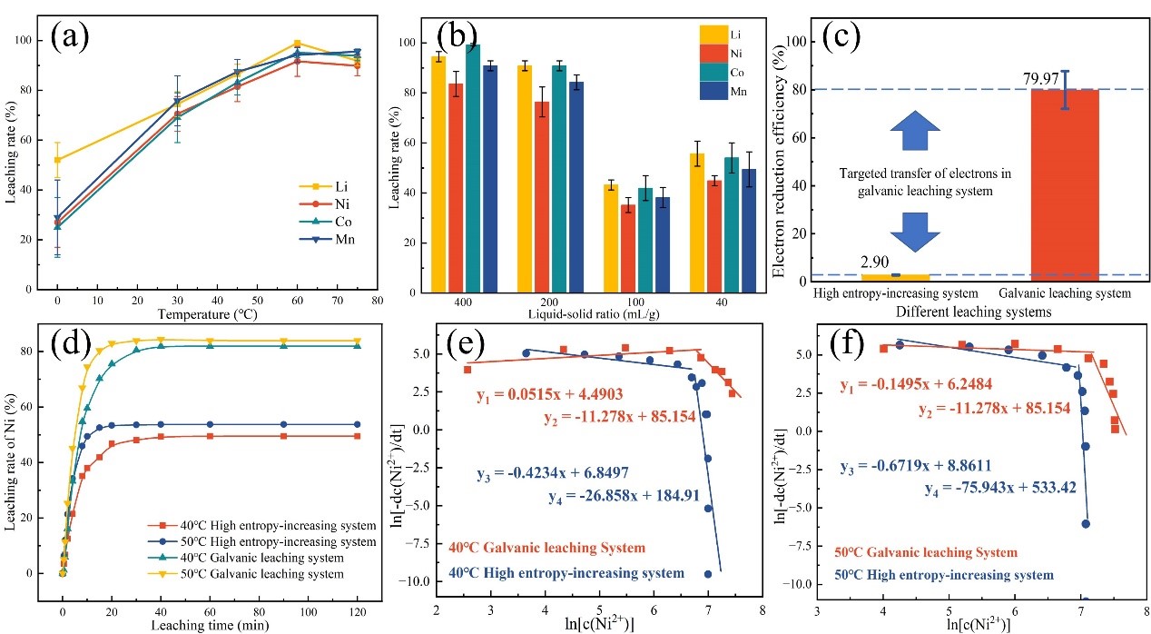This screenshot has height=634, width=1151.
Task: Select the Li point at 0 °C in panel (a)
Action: click(x=58, y=160)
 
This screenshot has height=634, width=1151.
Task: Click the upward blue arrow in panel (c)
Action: click(x=923, y=131)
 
